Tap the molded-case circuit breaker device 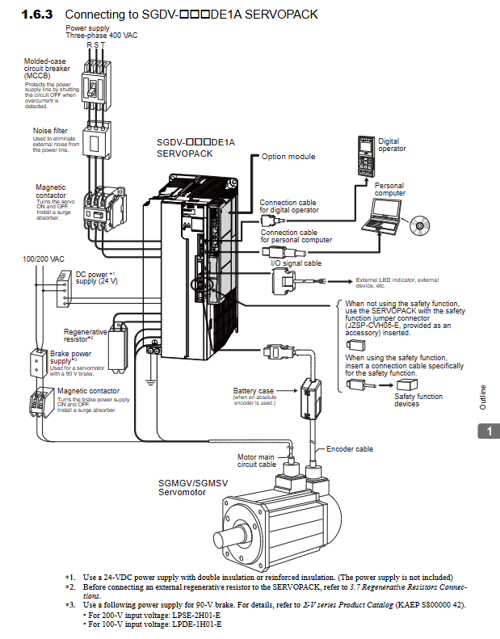[x=96, y=87]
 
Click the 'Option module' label [x=288, y=157]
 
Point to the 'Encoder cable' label [x=349, y=449]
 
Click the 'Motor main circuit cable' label [x=256, y=460]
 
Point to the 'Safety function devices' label [x=418, y=400]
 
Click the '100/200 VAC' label [x=44, y=259]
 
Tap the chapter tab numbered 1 [x=489, y=431]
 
